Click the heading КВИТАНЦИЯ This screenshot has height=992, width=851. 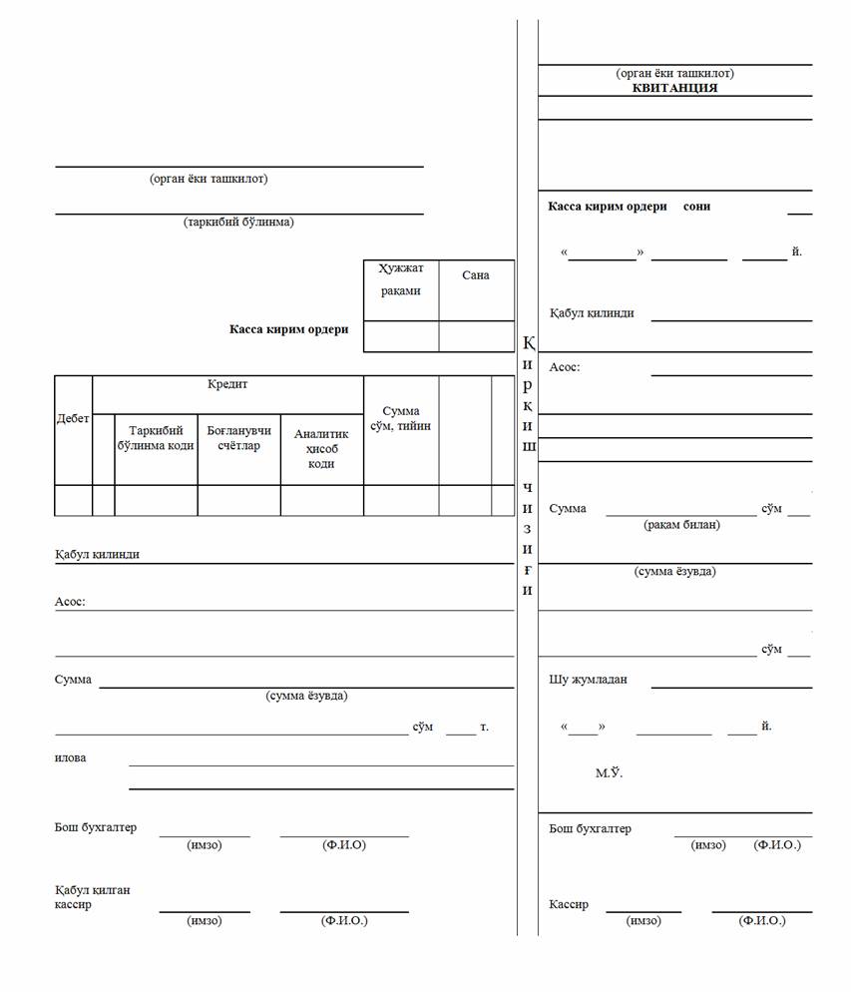pos(674,88)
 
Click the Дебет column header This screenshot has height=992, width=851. pos(72,419)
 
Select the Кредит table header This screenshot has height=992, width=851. pos(227,384)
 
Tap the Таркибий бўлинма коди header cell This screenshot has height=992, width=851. pos(156,438)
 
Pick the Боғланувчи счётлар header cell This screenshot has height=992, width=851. pos(238,438)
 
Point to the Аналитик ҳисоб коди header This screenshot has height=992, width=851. pos(321,448)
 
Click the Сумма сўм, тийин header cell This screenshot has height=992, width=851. pos(400,418)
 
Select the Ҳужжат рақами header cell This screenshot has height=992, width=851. pos(400,279)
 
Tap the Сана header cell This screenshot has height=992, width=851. pos(476,275)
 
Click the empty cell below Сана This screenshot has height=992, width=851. pos(476,336)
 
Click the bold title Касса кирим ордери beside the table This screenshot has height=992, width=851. pos(289,329)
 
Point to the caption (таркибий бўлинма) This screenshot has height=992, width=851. pos(238,223)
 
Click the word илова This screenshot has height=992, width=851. pos(70,757)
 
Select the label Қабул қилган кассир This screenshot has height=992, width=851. pos(93,897)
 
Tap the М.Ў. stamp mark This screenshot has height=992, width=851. pos(609,773)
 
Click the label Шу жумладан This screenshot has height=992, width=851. pos(588,680)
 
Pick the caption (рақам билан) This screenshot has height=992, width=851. pos(681,525)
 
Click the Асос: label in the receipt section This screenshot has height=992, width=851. pos(564,367)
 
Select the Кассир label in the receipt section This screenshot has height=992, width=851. pos(569,904)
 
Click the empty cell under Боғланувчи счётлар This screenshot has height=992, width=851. pos(238,500)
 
